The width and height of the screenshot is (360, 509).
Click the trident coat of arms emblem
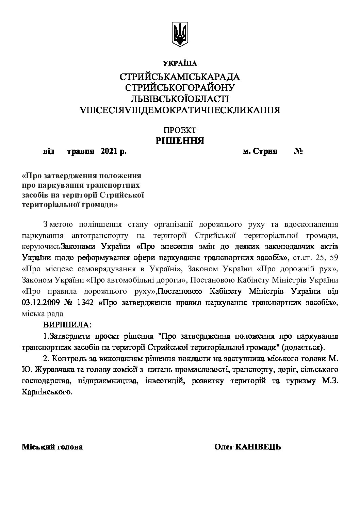click(180, 34)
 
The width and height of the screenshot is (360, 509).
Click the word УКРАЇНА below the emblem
click(180, 63)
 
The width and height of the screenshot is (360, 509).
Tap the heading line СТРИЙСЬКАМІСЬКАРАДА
click(180, 77)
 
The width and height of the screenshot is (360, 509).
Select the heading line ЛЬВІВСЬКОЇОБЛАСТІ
click(180, 99)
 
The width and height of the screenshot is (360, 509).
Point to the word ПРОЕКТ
click(180, 130)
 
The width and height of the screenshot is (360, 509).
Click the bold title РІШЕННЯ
click(180, 140)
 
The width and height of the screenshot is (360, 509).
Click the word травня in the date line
click(81, 152)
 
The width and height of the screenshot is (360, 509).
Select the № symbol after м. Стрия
click(298, 152)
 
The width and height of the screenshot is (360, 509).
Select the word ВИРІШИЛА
click(68, 325)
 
